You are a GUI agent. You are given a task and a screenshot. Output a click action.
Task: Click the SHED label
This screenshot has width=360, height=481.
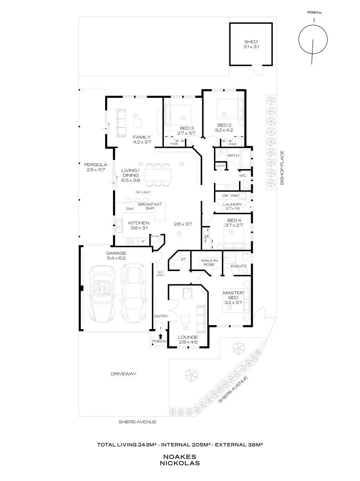click(x=251, y=42)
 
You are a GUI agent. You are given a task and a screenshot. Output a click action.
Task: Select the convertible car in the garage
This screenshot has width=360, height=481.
click(x=102, y=294)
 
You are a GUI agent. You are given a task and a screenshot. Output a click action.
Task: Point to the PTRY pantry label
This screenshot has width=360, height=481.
click(x=156, y=236)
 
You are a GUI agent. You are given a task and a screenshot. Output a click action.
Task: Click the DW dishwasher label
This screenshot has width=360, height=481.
click(x=130, y=209)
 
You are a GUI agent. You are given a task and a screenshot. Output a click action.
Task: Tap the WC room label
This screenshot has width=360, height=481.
click(x=242, y=175)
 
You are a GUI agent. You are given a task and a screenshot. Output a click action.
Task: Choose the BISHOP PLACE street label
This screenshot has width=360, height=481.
click(x=282, y=167)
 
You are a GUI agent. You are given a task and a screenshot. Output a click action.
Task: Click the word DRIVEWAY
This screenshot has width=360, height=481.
click(x=123, y=374)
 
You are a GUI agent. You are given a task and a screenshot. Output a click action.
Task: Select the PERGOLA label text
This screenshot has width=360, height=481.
click(x=96, y=165)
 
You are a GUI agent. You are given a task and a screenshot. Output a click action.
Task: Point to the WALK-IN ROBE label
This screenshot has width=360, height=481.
click(x=209, y=263)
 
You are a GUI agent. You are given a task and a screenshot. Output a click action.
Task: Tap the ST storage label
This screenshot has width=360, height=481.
click(x=183, y=259)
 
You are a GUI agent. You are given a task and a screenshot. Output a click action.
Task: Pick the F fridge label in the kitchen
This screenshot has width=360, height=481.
click(x=143, y=242)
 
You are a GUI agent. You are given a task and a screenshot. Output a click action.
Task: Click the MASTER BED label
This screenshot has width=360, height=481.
click(x=233, y=295)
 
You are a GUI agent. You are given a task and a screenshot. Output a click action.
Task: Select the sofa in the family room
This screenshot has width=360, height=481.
click(x=121, y=123)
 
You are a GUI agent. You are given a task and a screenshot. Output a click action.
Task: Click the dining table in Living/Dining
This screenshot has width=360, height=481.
click(x=158, y=175)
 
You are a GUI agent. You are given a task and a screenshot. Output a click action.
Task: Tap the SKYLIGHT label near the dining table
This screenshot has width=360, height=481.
click(x=143, y=192)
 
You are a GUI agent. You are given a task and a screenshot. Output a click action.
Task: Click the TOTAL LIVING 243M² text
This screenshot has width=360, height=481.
click(x=127, y=445)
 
